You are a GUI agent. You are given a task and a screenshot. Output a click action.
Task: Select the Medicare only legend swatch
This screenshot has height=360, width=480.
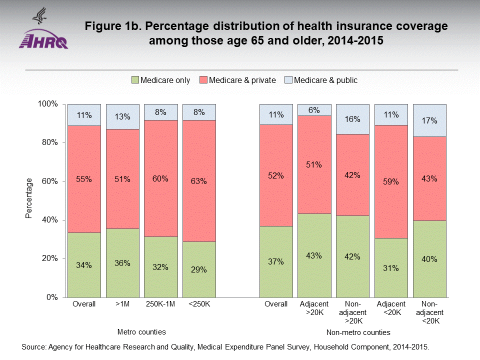[135, 80]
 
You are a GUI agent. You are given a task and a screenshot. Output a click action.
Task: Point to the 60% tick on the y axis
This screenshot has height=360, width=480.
[49, 181]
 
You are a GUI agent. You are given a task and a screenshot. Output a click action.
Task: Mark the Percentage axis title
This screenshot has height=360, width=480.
[28, 198]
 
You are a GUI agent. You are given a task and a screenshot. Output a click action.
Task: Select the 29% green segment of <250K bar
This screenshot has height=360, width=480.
[199, 270]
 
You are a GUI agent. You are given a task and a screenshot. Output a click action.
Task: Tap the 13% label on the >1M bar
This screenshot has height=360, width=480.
[122, 117]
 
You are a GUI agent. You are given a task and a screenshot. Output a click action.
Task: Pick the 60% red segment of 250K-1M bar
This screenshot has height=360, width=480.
[160, 177]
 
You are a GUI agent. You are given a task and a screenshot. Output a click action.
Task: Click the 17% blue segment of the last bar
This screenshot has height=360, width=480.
[429, 120]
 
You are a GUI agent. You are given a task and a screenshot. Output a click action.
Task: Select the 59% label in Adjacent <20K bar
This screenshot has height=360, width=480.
[391, 182]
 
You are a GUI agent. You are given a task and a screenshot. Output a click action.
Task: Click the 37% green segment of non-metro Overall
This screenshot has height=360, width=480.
[275, 261]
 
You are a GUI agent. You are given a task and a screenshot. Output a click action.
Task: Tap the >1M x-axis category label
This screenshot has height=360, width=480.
[122, 304]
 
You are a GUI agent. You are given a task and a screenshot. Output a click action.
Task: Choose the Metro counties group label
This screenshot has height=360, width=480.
[141, 332]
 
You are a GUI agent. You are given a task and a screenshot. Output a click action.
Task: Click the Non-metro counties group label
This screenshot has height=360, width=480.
[358, 332]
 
